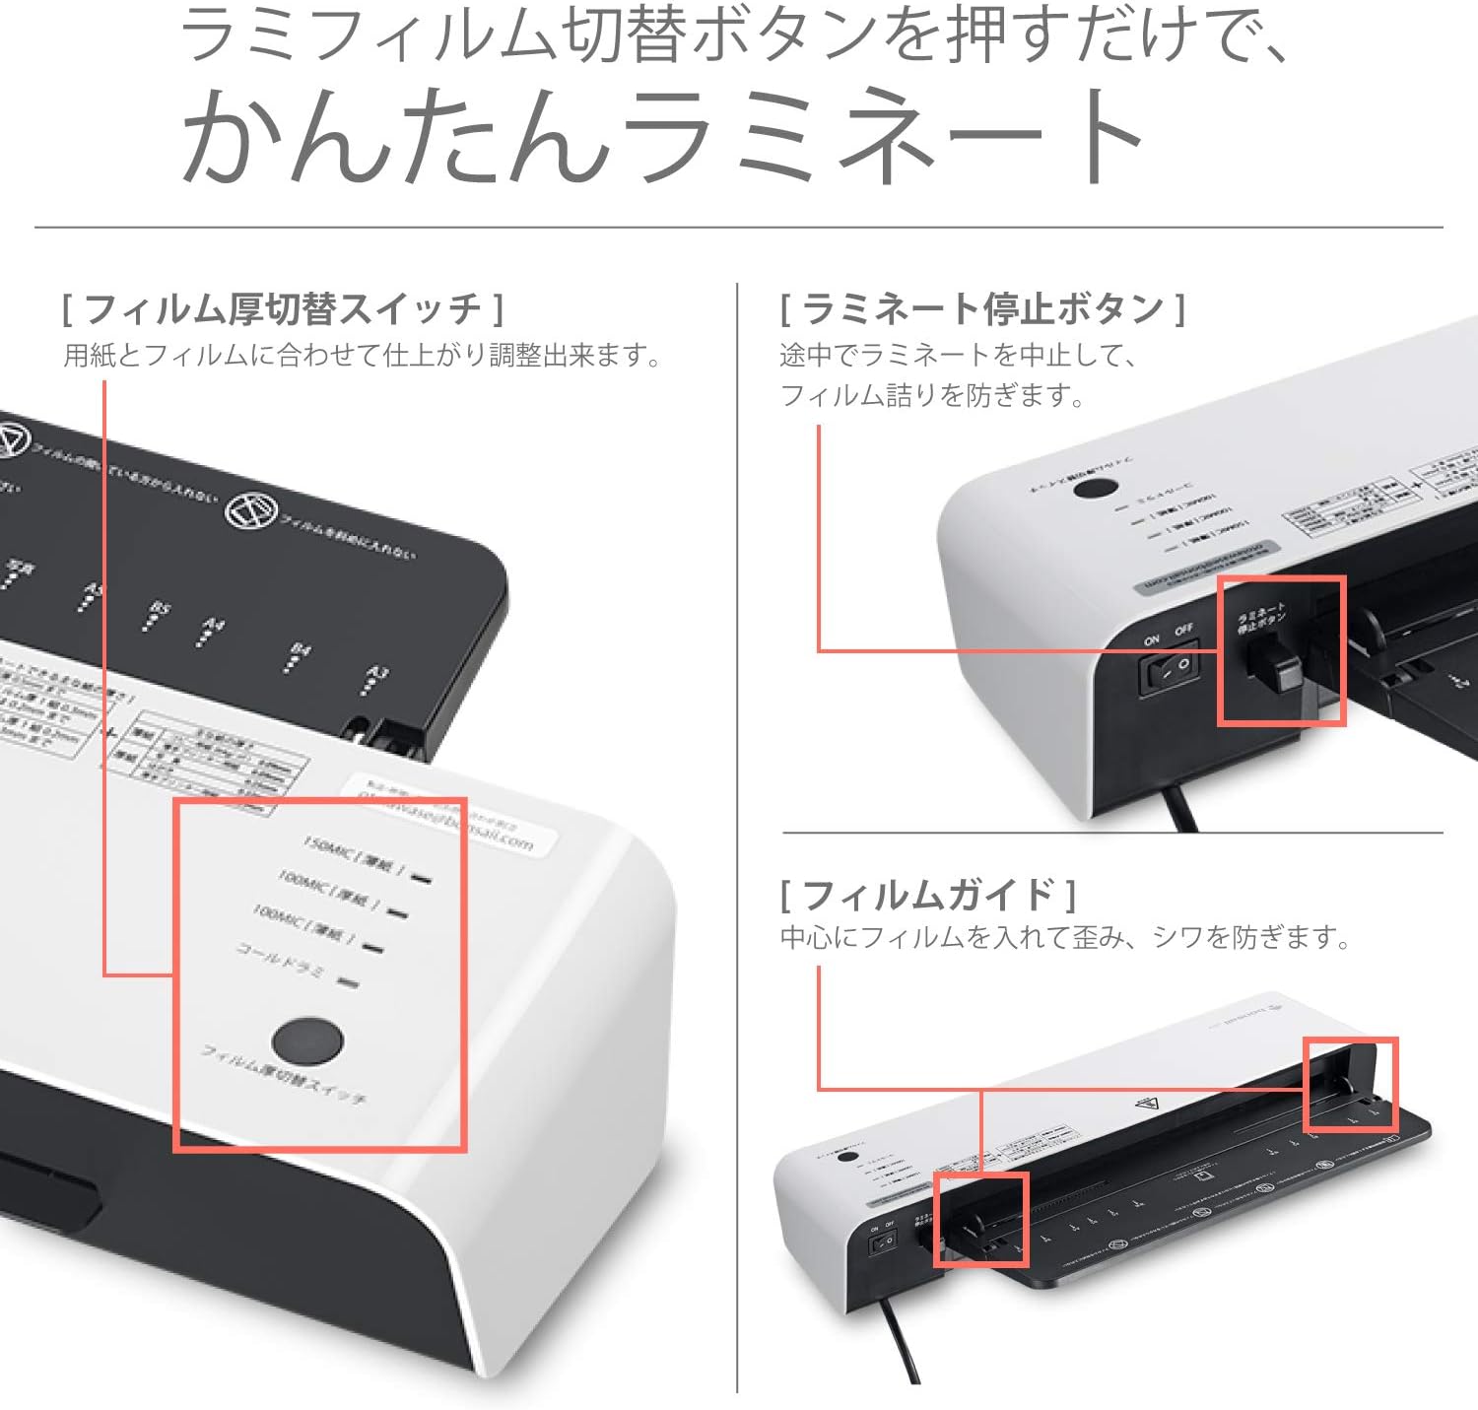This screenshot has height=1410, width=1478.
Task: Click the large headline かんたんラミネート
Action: coord(662,135)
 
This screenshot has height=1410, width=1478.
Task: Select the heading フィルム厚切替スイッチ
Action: coord(283,309)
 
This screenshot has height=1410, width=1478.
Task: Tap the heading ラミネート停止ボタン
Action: coord(982,309)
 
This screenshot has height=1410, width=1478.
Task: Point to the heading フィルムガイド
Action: coord(928,895)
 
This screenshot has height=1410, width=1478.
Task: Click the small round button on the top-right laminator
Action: coord(1094,487)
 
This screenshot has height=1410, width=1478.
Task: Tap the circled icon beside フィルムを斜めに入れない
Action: coord(244,509)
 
